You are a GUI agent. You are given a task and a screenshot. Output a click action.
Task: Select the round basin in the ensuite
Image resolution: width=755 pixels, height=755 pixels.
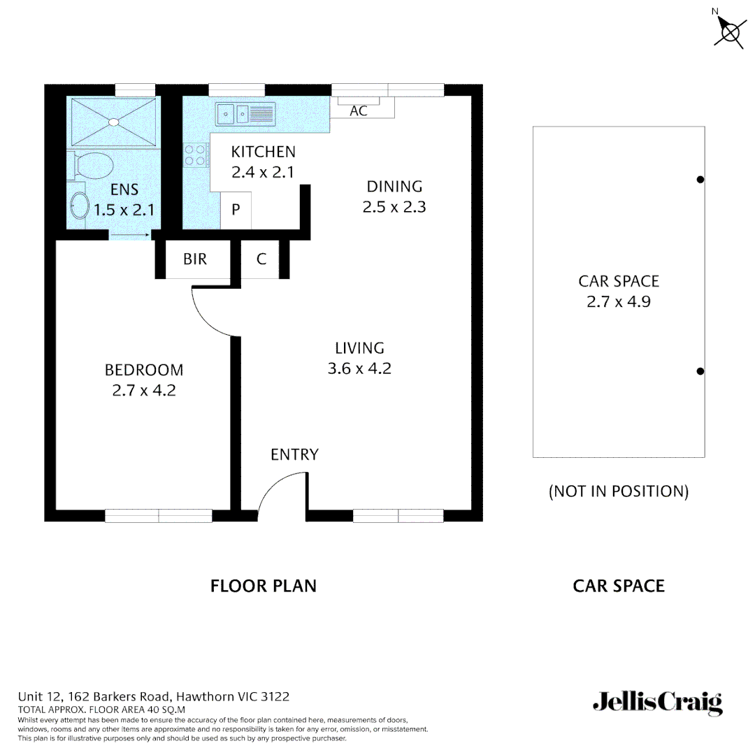(80, 207)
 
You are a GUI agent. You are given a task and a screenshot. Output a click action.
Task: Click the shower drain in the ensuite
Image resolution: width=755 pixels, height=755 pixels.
(113, 122)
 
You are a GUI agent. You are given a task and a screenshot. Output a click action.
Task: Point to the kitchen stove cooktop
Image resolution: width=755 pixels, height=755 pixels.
(195, 154)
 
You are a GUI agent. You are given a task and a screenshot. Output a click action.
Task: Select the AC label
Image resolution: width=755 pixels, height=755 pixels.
(358, 111)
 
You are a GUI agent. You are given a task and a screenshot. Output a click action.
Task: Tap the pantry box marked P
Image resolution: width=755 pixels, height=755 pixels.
(236, 210)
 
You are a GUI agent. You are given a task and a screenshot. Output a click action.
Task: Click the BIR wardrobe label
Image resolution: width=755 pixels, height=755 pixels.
(195, 259)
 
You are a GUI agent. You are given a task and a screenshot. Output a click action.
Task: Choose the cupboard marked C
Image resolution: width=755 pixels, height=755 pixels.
(261, 259)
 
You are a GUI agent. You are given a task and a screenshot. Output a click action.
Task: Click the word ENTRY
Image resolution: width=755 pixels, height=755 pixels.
(294, 455)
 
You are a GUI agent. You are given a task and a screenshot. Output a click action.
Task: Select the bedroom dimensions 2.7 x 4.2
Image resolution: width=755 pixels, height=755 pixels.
(143, 391)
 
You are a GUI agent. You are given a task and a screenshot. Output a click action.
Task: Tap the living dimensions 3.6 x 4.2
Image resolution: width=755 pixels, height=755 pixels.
(359, 368)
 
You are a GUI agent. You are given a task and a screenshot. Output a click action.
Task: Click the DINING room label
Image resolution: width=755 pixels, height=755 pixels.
(394, 187)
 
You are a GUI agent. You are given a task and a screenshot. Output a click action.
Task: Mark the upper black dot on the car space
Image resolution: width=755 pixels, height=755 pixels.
(700, 180)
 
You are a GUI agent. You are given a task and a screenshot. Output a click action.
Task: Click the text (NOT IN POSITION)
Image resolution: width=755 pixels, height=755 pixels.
(618, 491)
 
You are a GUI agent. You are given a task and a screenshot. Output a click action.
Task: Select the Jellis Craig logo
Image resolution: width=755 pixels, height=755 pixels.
(657, 702)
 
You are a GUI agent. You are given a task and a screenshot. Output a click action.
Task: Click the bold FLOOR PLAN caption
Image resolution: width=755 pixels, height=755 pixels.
(263, 586)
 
